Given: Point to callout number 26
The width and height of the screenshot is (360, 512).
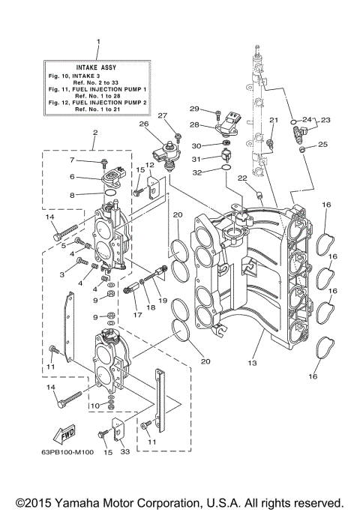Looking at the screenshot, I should click(142, 124).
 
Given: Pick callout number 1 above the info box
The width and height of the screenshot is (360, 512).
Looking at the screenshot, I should click(97, 42).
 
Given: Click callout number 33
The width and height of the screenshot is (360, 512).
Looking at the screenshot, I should click(125, 451).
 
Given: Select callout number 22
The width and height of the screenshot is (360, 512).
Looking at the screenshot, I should click(241, 178).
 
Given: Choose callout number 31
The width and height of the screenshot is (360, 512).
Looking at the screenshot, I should click(195, 158).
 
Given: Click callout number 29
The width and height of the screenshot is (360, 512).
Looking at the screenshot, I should click(193, 109).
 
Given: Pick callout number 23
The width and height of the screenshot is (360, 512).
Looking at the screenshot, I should click(325, 118).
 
